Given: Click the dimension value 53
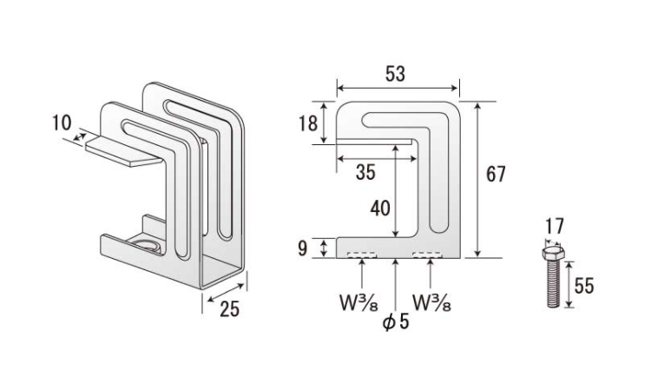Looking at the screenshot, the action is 395,74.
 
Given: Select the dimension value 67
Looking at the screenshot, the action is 496,174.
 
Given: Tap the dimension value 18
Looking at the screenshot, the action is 308,123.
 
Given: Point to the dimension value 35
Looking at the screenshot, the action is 365,172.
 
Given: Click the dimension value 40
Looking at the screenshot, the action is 380,209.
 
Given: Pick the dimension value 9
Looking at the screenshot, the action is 303,248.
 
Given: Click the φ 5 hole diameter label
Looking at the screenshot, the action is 396,321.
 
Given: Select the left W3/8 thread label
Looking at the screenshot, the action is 359,303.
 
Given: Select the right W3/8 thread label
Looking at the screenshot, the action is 431,303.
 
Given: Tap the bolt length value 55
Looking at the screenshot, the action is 584,286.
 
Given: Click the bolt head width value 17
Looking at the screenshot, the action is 555,227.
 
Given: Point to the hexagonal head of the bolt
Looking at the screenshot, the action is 553,252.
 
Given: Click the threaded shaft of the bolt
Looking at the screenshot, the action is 553,283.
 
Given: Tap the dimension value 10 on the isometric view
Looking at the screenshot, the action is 62,123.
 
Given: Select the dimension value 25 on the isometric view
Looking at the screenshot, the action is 230,309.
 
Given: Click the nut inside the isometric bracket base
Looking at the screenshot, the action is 145,245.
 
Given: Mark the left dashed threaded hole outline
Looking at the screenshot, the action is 363,255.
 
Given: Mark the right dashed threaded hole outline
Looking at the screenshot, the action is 427,255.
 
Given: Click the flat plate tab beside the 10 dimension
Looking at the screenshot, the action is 123,151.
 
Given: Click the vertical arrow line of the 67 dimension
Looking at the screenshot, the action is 478,180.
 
